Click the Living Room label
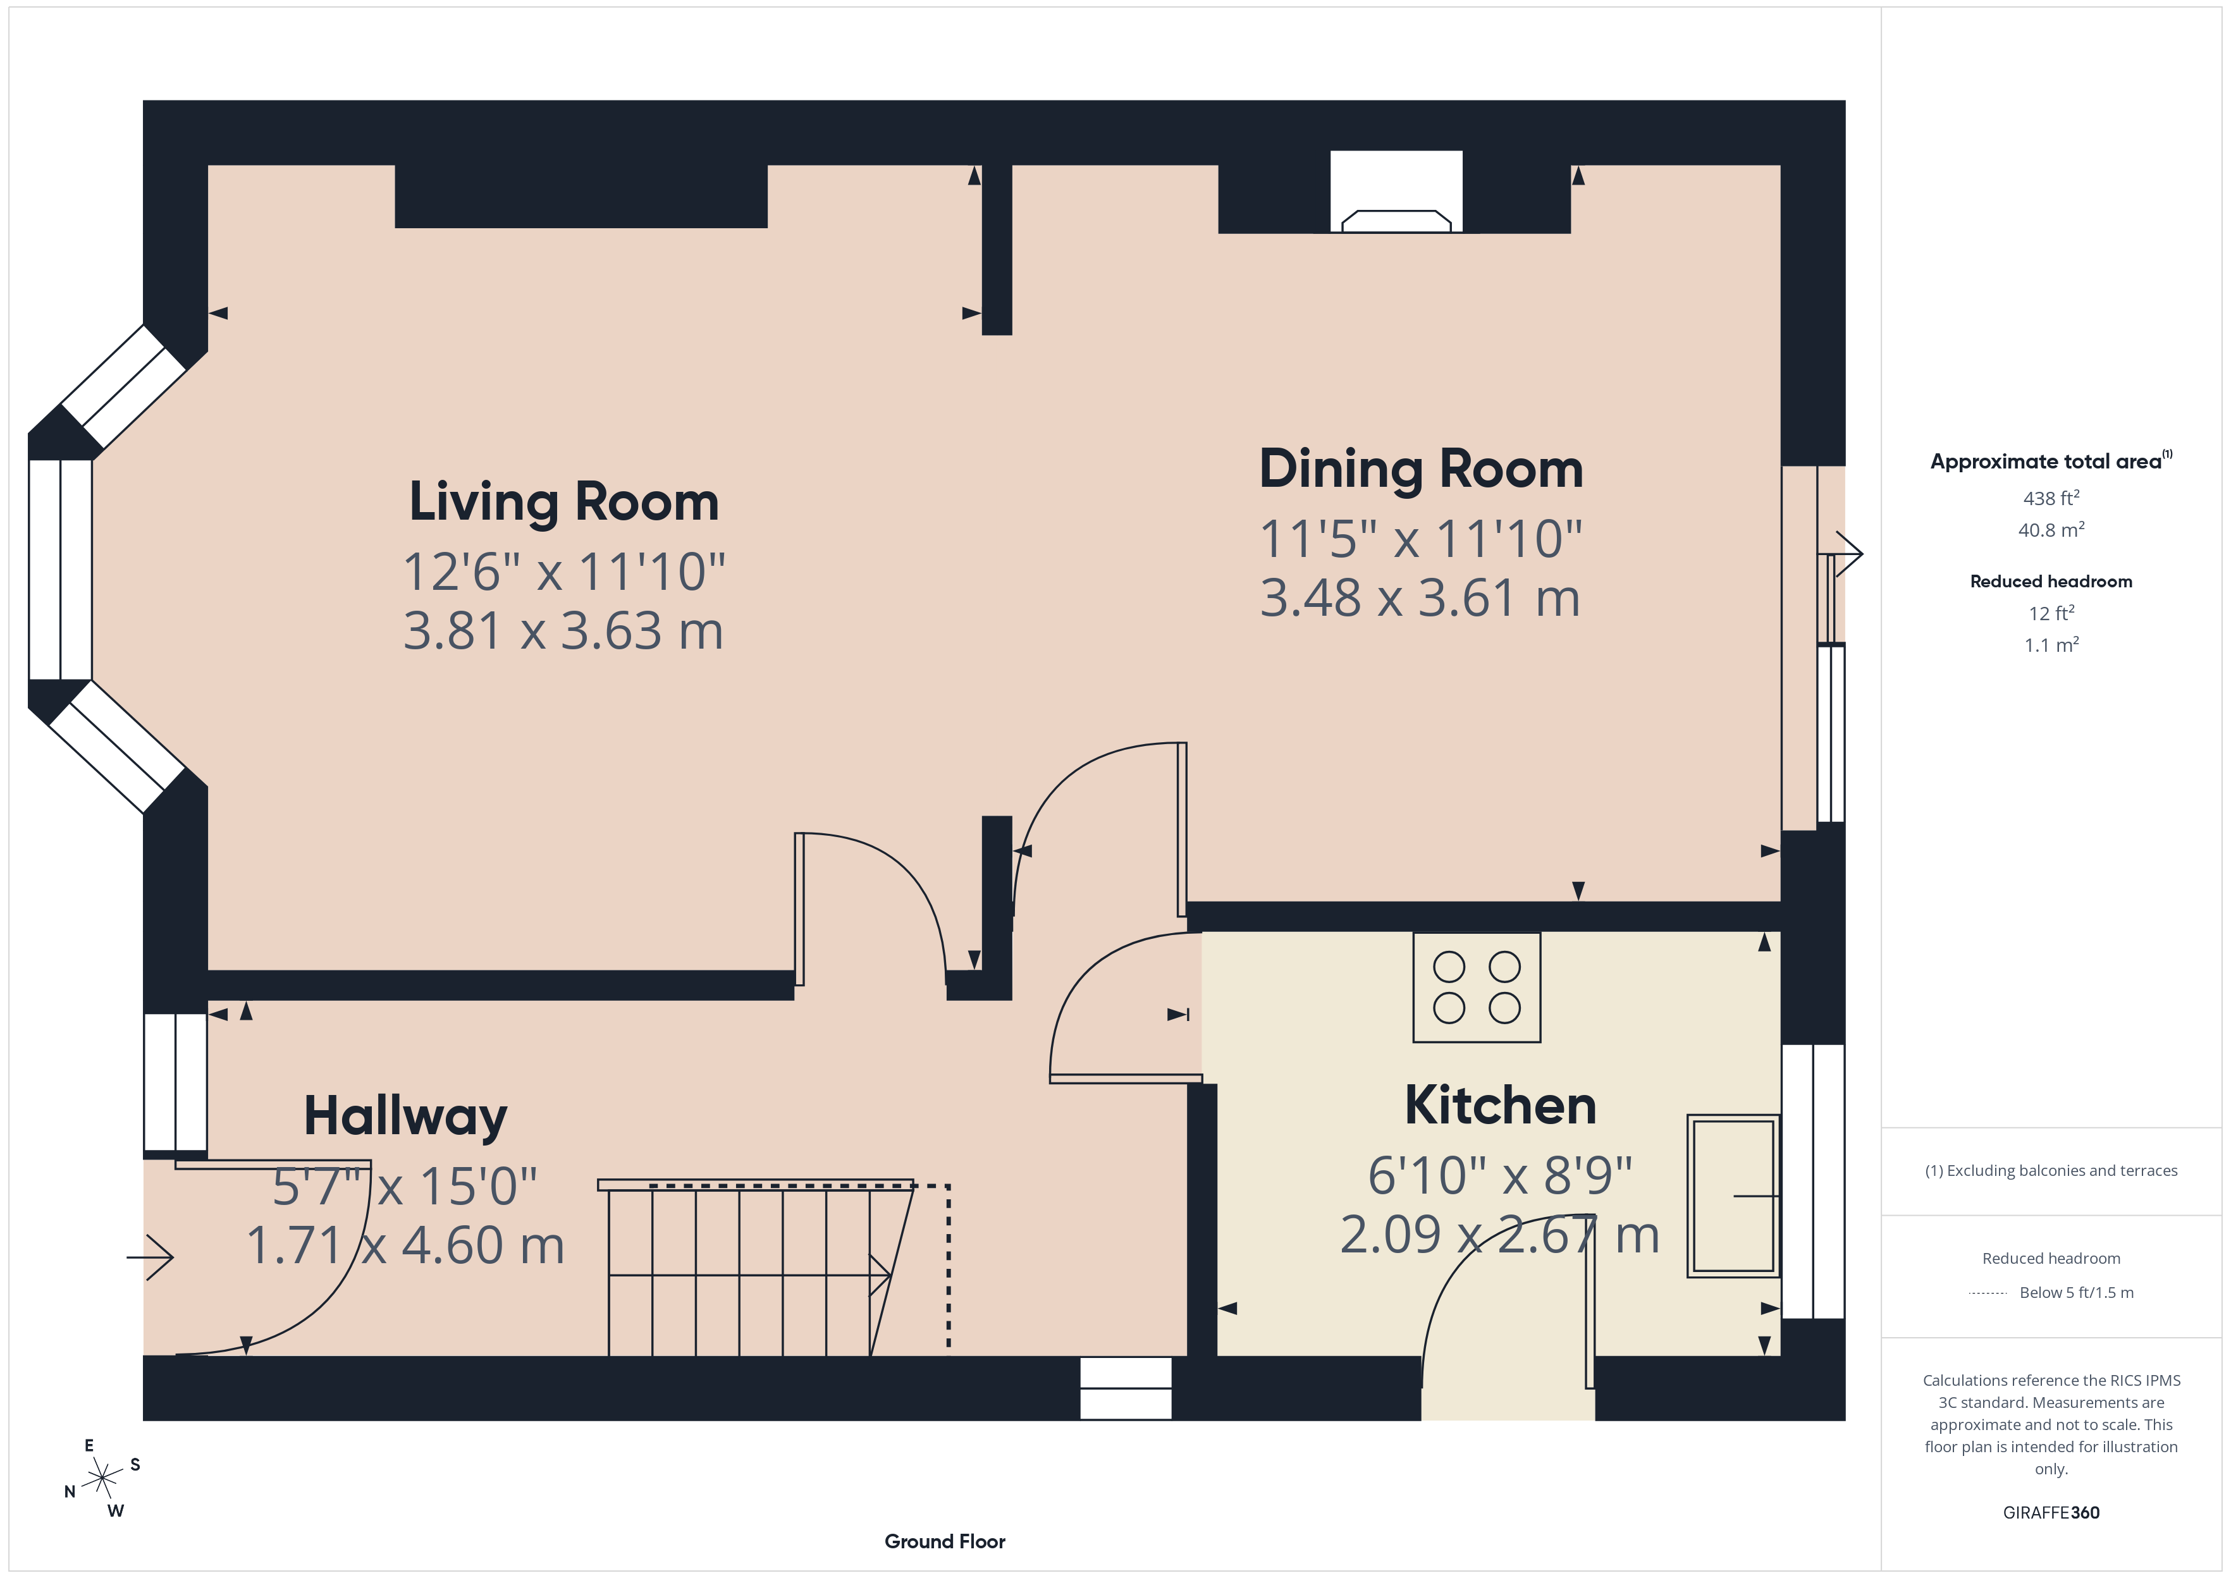pos(563,503)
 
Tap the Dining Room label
pos(1420,469)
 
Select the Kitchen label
pos(1499,1106)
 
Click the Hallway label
pos(405,1116)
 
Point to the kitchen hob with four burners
pos(1476,988)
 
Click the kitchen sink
pos(1733,1195)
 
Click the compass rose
pos(102,1479)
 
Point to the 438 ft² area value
pos(2050,498)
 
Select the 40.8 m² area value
pos(2050,530)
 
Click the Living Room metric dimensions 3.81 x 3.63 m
pos(563,632)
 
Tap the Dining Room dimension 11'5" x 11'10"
pos(1420,539)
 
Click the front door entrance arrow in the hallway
pos(151,1257)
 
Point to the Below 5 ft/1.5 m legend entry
pos(2075,1292)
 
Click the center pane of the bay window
pos(60,570)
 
